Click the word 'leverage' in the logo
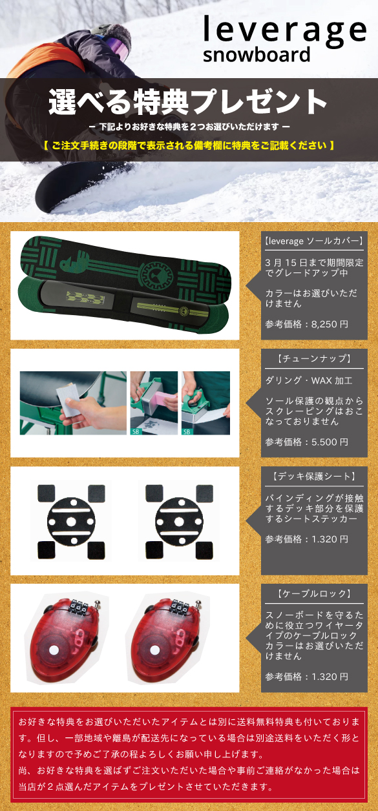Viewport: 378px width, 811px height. coord(284,30)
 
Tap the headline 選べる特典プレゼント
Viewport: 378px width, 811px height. coord(188,102)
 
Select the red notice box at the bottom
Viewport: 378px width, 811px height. coord(188,754)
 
